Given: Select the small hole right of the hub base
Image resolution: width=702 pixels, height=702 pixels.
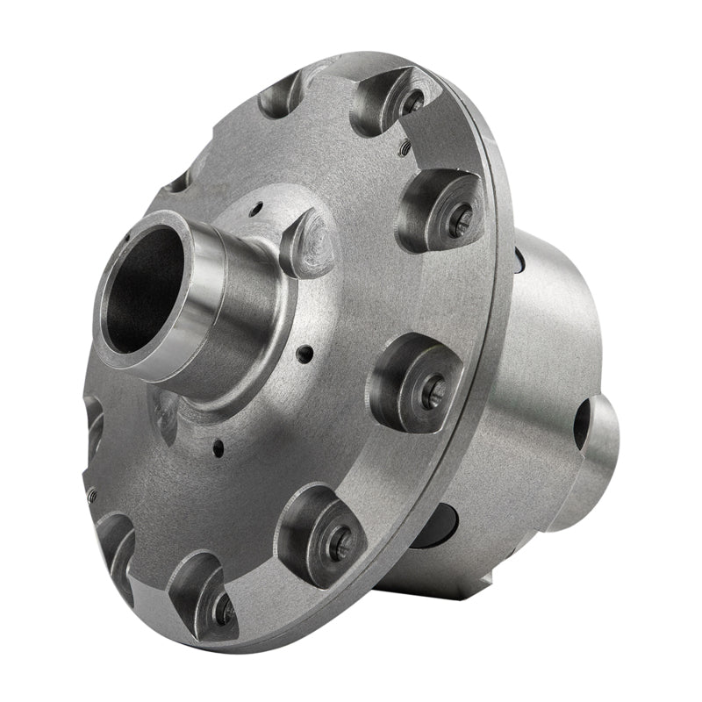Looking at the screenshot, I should click(304, 355).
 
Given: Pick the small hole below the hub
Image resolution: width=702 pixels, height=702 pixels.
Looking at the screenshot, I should click(218, 453).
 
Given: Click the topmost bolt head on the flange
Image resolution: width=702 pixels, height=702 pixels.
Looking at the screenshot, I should click(413, 101).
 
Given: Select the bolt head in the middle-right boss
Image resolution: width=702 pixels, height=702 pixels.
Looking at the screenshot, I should click(433, 392).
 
